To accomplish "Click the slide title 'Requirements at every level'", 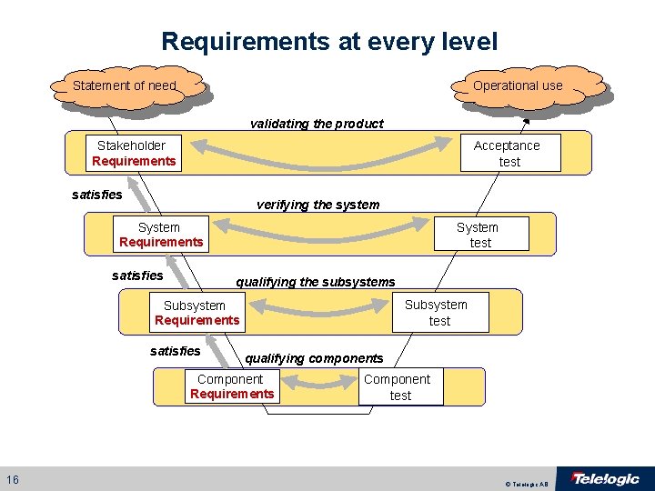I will point(329,41).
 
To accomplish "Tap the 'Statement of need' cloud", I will point(125,85).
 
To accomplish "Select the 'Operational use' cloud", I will point(518,85).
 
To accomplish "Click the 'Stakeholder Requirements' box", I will point(133,153).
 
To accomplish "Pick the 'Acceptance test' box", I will point(508,153).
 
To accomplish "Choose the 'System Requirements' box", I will point(160,235).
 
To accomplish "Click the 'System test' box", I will point(479,235).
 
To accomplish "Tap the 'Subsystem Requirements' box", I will point(196,313).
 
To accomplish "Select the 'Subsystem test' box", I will point(438,312).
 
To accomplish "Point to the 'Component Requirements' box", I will point(231,386).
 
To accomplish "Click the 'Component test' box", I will point(398,386).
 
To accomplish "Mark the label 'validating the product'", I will point(317,124).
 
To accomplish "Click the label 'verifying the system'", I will point(317,205).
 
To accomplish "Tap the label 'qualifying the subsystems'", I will point(315,282).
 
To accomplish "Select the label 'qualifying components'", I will point(314,358).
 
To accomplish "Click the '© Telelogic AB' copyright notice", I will point(529,485).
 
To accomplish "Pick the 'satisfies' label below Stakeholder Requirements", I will point(96,194).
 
